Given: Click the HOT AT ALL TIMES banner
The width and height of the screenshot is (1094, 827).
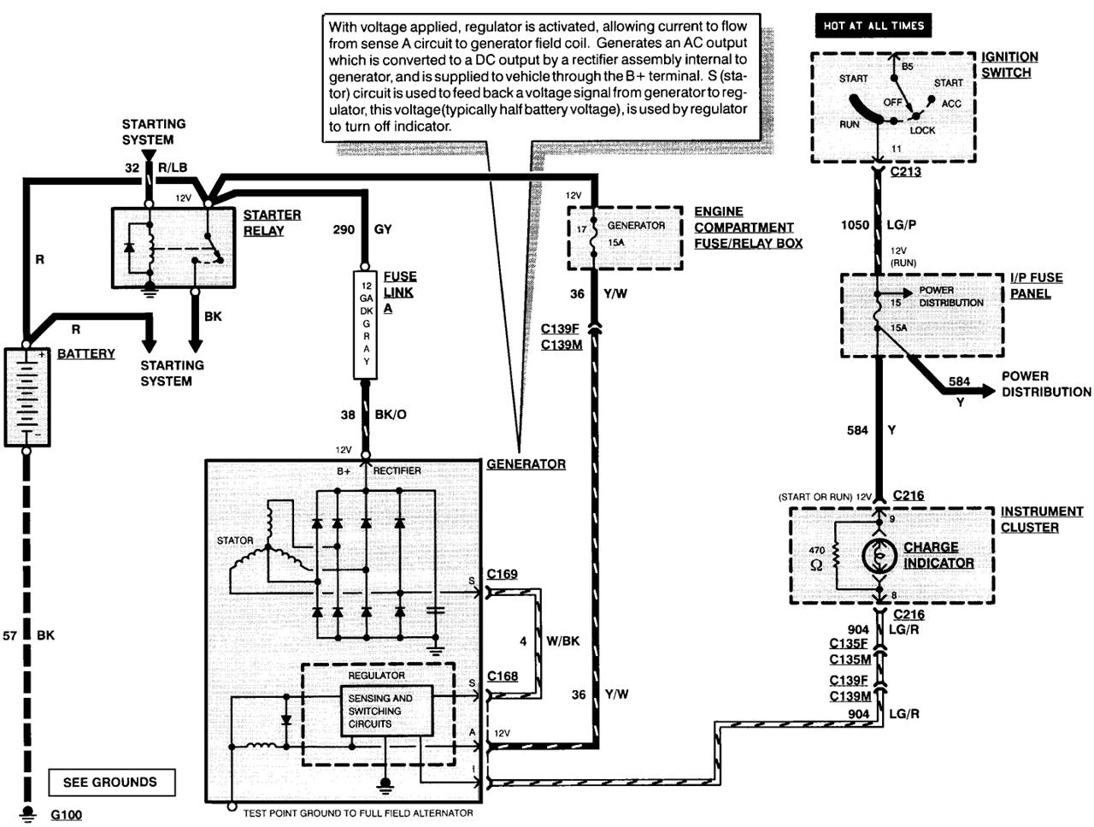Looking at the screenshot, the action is (x=873, y=26).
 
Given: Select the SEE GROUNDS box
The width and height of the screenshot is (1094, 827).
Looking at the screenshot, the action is (x=112, y=783).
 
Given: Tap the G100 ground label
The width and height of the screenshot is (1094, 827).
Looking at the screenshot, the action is (x=67, y=815).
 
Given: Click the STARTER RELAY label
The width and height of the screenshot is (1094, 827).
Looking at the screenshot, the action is (x=272, y=223).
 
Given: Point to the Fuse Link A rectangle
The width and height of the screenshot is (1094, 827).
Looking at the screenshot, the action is (x=365, y=324).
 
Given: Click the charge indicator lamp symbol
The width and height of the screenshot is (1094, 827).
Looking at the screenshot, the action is (x=879, y=555).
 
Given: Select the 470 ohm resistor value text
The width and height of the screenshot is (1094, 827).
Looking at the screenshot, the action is (x=817, y=558).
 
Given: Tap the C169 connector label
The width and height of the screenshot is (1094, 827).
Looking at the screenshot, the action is (x=502, y=574).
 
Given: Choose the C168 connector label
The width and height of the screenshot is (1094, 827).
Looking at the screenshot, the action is (x=503, y=676).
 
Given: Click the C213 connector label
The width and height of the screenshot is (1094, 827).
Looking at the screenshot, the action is (x=906, y=172).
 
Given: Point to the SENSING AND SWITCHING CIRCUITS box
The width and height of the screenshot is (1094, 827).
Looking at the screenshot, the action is (x=386, y=711).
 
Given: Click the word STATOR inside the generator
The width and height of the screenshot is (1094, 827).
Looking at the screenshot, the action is (x=235, y=541).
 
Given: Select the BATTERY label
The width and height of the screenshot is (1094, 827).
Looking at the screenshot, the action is (x=85, y=353).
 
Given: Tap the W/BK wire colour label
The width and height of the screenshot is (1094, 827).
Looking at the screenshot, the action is (x=562, y=641).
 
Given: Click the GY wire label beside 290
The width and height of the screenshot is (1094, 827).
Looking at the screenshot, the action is (x=383, y=229).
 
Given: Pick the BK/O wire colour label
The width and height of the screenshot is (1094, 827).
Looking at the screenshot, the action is (x=391, y=414).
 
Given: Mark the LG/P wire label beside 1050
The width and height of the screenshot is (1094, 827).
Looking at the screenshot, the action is (x=901, y=225).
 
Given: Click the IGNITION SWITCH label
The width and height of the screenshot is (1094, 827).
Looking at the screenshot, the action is (x=1009, y=65).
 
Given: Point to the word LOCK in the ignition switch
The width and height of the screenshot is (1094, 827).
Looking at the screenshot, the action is (x=922, y=130).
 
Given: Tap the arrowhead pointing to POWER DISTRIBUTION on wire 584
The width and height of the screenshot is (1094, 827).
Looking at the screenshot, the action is (x=988, y=391).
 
